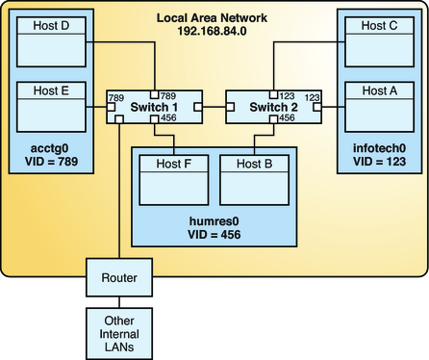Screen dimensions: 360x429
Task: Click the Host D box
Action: coord(49,39)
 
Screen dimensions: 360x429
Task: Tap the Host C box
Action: coord(379,39)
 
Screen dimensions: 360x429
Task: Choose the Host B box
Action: coord(253,177)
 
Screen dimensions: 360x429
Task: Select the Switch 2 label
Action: coord(273,108)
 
